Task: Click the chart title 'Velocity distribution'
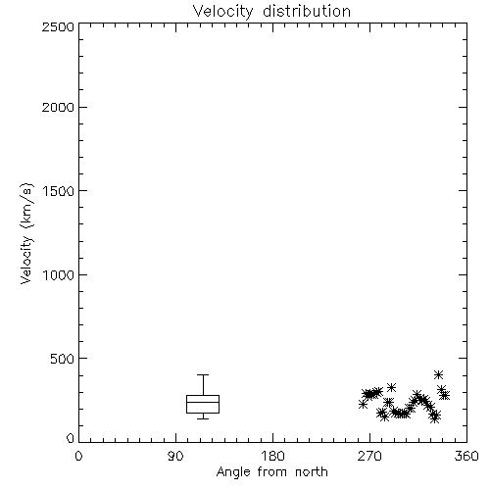[271, 11]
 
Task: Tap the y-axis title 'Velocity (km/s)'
[26, 233]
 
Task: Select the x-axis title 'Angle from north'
[271, 472]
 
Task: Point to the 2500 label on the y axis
[58, 26]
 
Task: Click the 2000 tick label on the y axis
[58, 107]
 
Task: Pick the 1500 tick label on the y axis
[59, 191]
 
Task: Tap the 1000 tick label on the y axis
[59, 274]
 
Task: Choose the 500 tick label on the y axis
[63, 359]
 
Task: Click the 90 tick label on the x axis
[175, 456]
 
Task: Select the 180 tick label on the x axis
[272, 456]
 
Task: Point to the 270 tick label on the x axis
[369, 456]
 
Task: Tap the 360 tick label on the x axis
[466, 456]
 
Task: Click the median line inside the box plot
[203, 402]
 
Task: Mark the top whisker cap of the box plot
[203, 374]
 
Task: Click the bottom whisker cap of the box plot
[203, 418]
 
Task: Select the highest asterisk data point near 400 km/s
[439, 374]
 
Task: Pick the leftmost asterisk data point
[363, 405]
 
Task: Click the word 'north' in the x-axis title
[312, 472]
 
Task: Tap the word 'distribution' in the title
[307, 11]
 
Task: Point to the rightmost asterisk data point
[445, 395]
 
